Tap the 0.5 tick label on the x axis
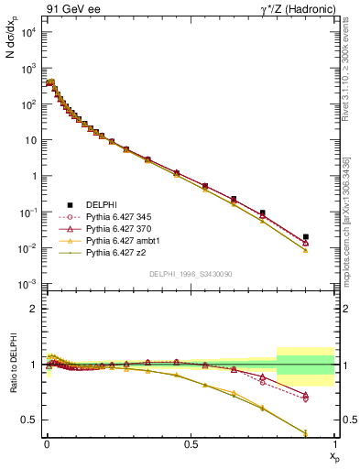190,444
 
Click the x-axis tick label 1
334,444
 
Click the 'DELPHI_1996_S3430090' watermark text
190,274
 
